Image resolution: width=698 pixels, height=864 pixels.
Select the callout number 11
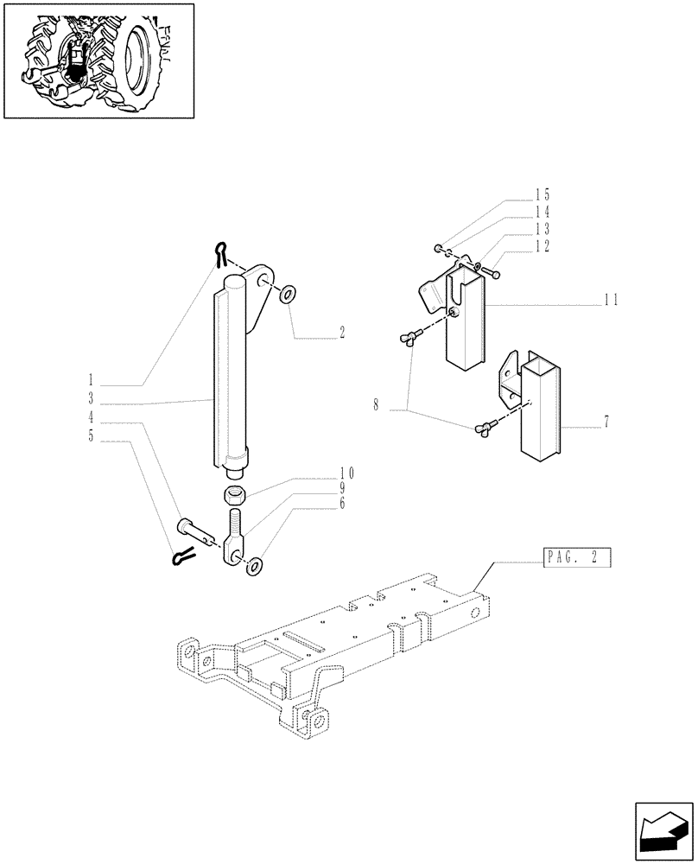click(612, 301)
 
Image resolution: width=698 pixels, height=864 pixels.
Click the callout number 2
click(342, 333)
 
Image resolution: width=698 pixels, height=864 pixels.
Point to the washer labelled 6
click(254, 567)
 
